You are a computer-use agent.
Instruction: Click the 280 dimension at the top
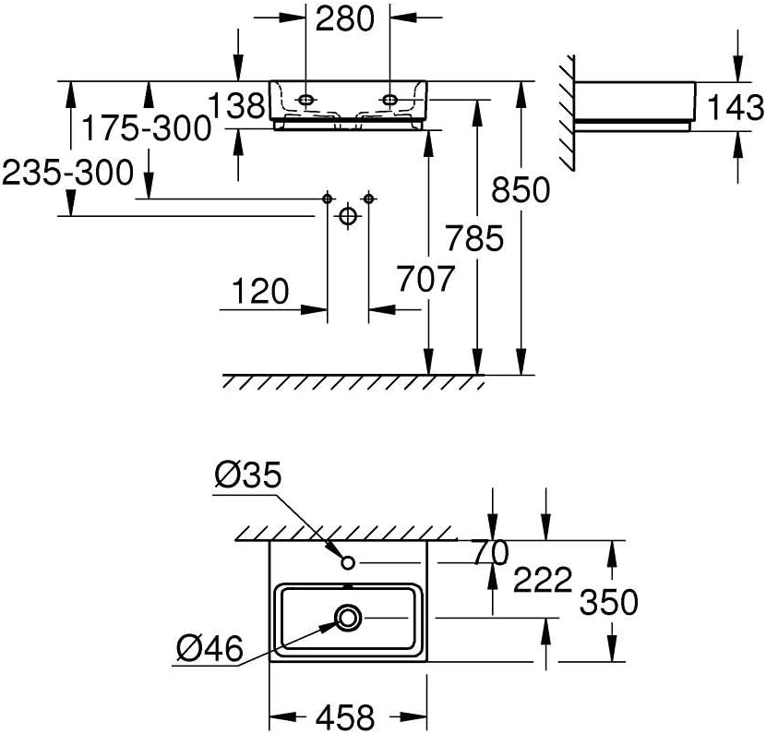(346, 18)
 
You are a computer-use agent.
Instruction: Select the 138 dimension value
(236, 105)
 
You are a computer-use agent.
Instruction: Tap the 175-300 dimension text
(145, 128)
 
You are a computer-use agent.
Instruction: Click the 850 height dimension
(521, 190)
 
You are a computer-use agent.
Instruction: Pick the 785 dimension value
(476, 238)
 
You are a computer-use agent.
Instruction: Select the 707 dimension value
(427, 277)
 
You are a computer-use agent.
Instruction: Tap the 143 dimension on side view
(736, 108)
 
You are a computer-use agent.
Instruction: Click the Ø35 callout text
(246, 475)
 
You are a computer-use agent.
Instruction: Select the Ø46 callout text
(208, 650)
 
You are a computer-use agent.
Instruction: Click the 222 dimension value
(544, 582)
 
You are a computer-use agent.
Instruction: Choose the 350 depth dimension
(608, 602)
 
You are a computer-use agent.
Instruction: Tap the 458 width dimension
(348, 716)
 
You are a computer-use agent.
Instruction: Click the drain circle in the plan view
(349, 617)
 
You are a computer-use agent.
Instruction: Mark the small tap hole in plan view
(348, 562)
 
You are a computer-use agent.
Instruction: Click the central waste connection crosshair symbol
(347, 216)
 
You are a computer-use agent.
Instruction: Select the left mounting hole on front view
(305, 98)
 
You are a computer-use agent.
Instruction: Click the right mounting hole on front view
(389, 98)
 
